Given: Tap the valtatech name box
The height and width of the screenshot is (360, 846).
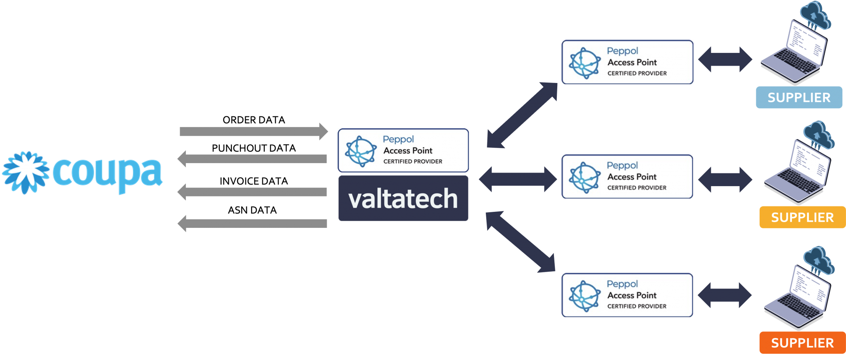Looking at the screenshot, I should pos(403,199).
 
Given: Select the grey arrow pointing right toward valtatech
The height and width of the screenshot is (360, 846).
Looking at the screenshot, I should pos(253,132).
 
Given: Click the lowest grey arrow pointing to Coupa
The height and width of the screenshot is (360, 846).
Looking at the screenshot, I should pos(253,224).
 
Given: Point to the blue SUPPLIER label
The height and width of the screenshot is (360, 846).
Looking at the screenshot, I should pos(798,98).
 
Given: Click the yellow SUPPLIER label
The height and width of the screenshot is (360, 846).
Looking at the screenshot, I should pos(802,217).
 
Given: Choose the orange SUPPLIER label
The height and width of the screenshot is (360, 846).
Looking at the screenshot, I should pos(802,343).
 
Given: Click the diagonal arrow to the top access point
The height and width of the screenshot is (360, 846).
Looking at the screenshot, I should pos(523,115).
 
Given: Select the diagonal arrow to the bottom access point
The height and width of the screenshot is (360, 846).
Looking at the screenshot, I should pos(520,242).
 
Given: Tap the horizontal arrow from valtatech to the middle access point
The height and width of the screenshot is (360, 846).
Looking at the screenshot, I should pos(518,179).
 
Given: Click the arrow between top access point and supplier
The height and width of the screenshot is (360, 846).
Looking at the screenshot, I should pos(725,59).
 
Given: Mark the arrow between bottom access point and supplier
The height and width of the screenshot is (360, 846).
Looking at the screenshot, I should pos(725,295).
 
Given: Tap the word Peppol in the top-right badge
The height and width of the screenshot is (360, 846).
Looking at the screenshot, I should pos(623,51).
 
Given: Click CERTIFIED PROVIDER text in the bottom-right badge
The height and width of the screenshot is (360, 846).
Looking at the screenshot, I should pos(637,306).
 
